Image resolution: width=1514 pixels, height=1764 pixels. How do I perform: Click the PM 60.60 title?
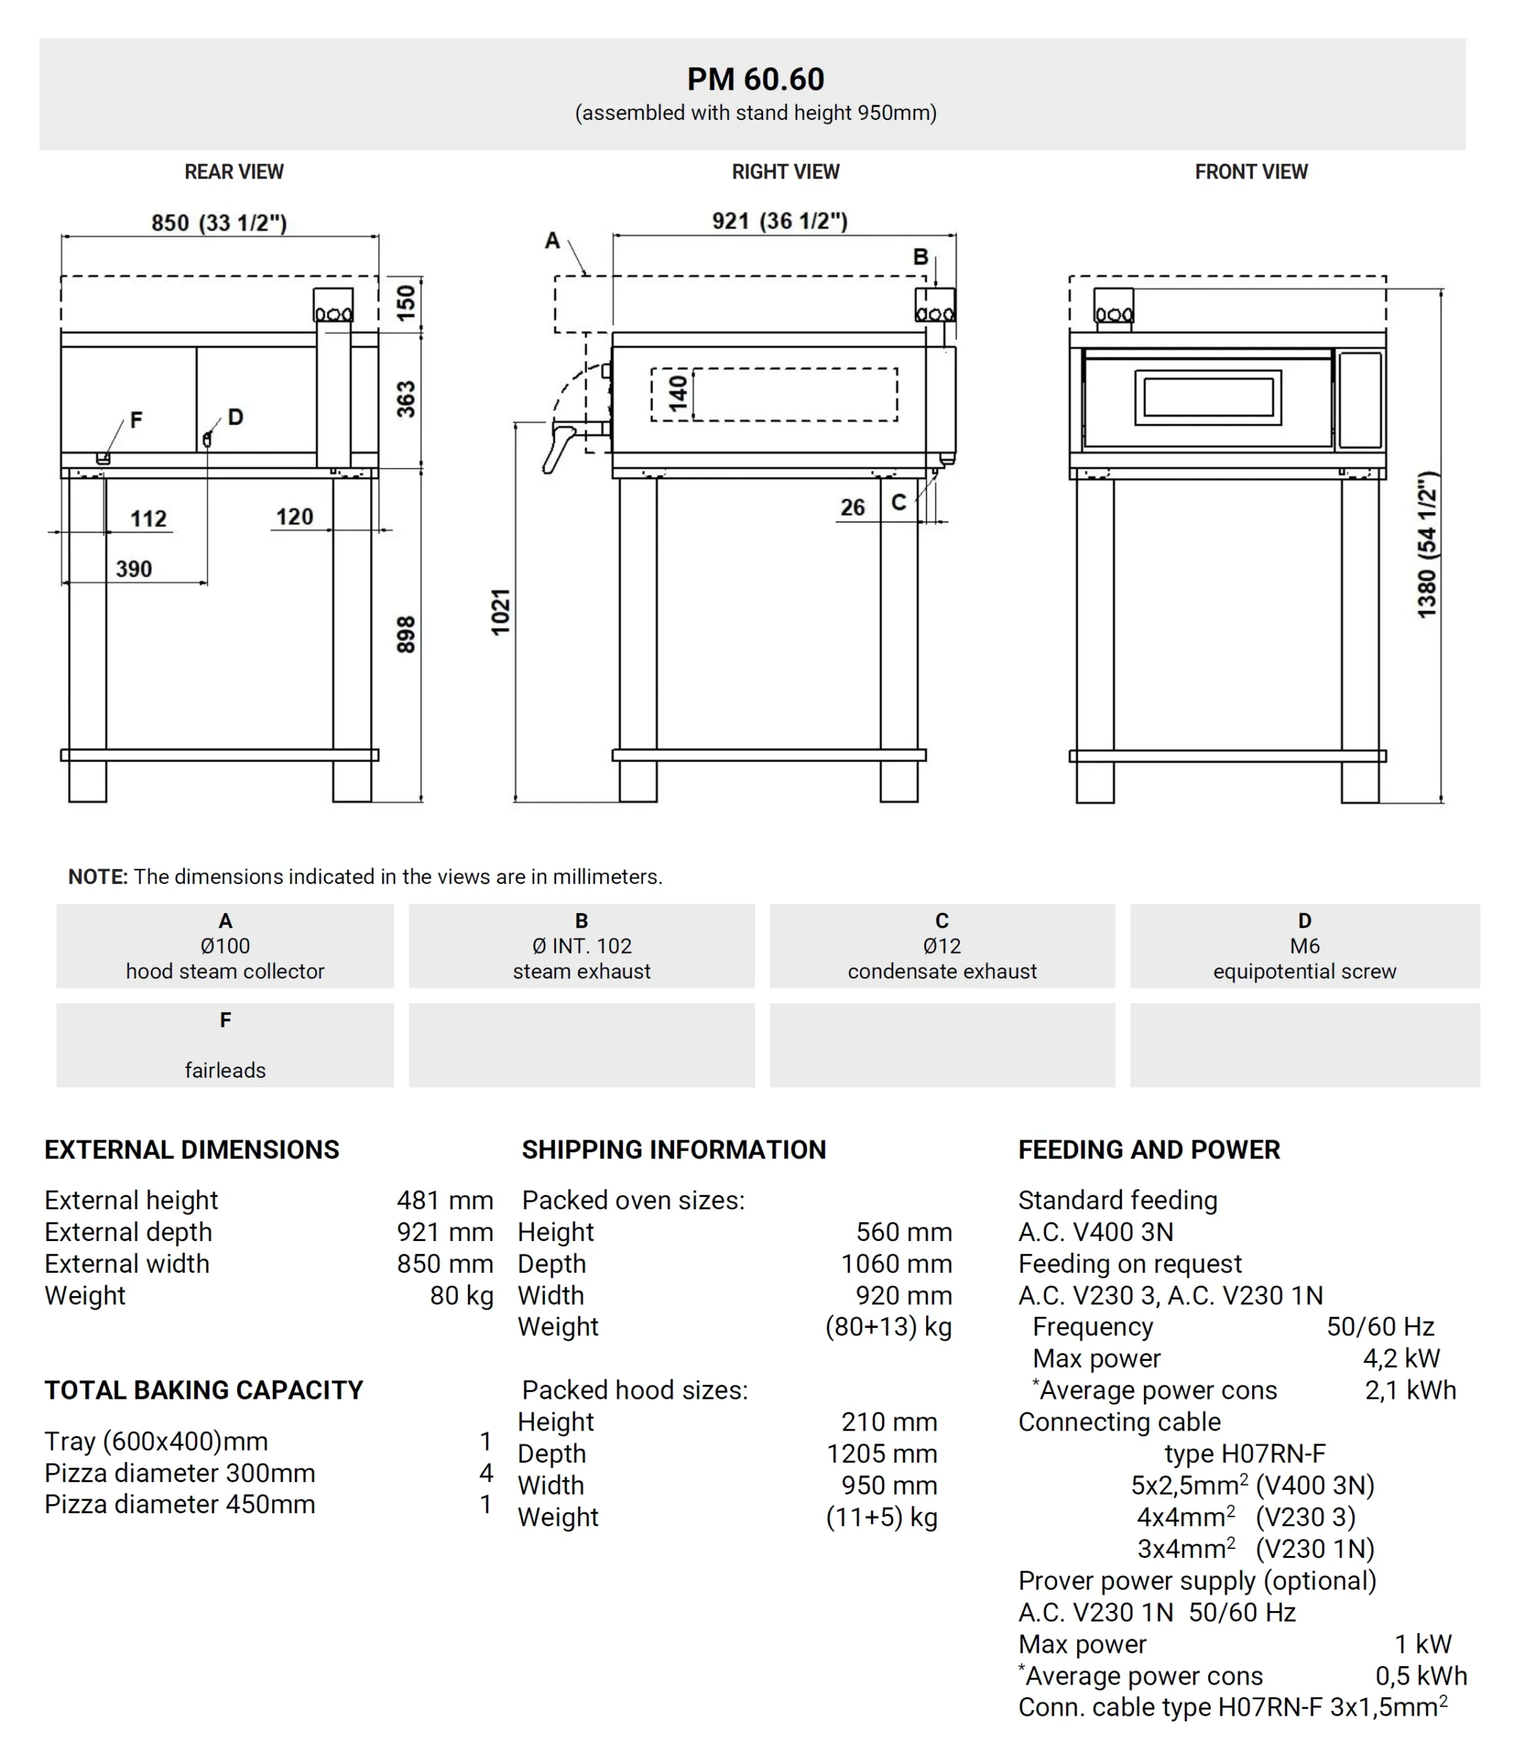point(755,79)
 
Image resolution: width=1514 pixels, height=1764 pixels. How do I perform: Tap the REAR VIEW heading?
point(234,172)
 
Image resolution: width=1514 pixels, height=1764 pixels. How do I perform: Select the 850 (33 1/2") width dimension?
point(219,223)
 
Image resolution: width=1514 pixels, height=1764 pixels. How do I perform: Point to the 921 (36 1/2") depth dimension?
point(780,221)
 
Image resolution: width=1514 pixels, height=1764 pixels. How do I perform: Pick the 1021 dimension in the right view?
point(501,611)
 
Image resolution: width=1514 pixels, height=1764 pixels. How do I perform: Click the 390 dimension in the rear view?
point(134,568)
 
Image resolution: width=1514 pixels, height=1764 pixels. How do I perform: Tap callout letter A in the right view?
point(553,241)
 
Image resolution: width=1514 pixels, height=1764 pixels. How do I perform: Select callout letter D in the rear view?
point(236,416)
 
